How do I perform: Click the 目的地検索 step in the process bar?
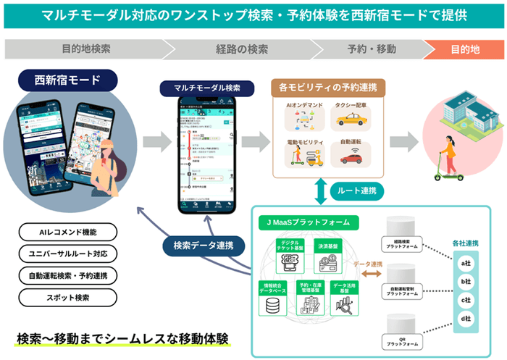(x=85, y=50)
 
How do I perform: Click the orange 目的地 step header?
(x=465, y=50)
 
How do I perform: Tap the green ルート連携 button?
(x=356, y=191)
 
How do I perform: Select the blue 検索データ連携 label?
(x=197, y=243)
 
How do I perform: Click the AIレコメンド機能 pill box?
(x=67, y=232)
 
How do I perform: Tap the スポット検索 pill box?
(x=67, y=297)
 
